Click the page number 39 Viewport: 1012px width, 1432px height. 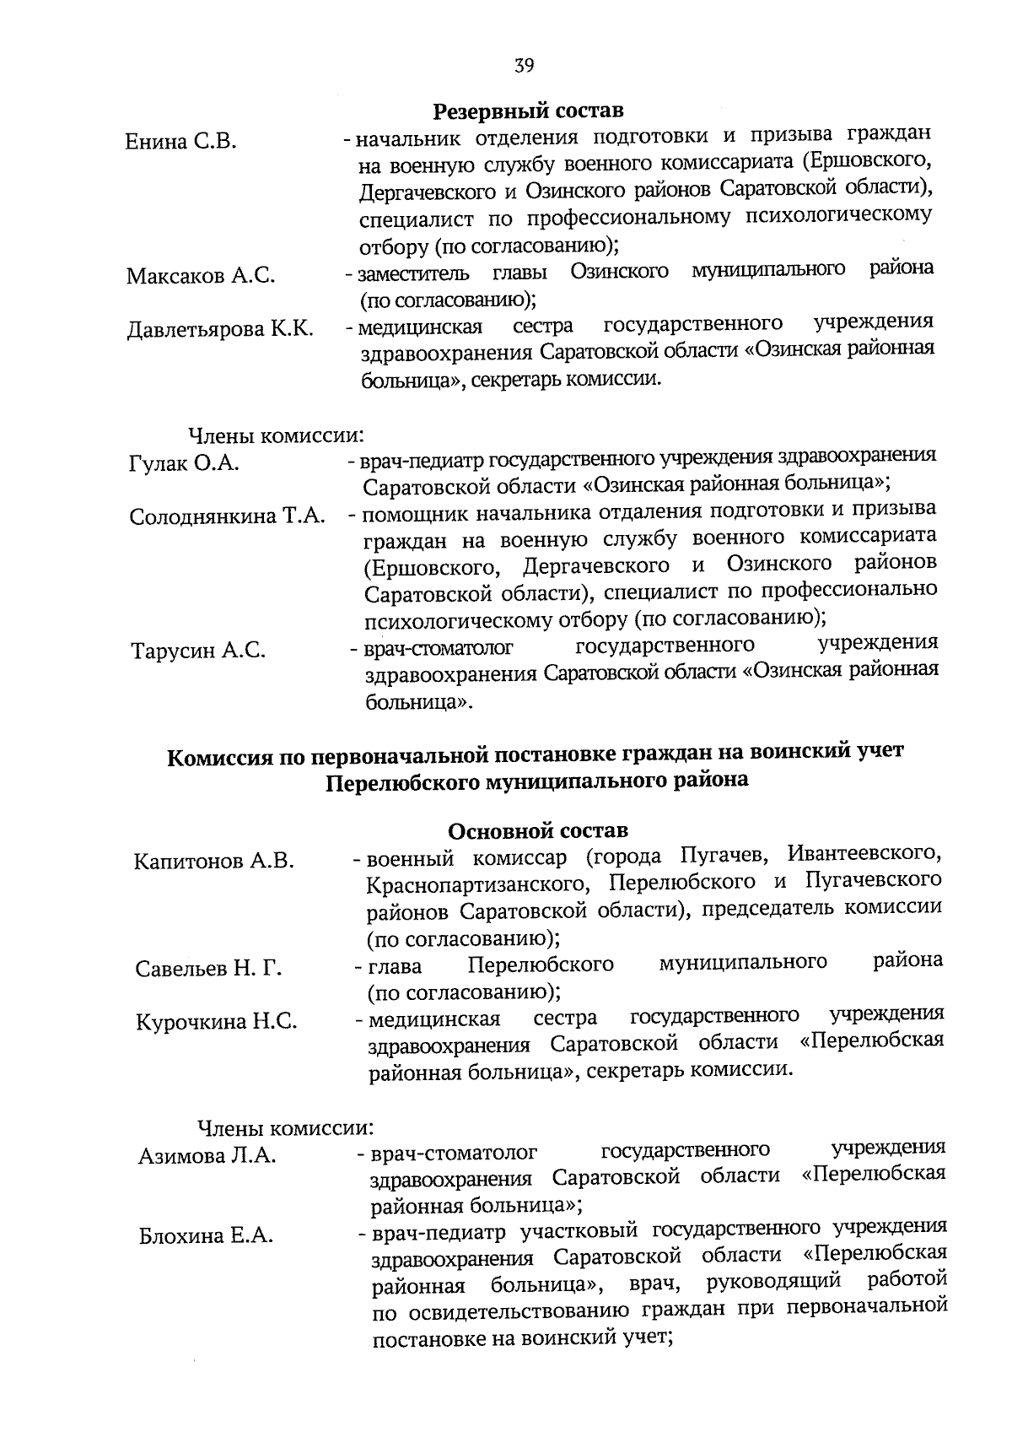[524, 66]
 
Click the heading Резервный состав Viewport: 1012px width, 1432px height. [529, 111]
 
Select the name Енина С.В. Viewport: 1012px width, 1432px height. [180, 141]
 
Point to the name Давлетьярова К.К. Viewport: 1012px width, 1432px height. [220, 330]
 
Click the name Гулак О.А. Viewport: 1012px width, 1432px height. [184, 463]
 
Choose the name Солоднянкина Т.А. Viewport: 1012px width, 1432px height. [228, 516]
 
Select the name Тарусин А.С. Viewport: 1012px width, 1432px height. [199, 651]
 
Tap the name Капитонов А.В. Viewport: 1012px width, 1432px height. [214, 861]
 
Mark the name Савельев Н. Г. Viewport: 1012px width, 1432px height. [208, 969]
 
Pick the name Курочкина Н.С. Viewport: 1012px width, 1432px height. [217, 1022]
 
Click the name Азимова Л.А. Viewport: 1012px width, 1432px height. [207, 1156]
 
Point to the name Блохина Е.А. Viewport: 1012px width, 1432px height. [206, 1236]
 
